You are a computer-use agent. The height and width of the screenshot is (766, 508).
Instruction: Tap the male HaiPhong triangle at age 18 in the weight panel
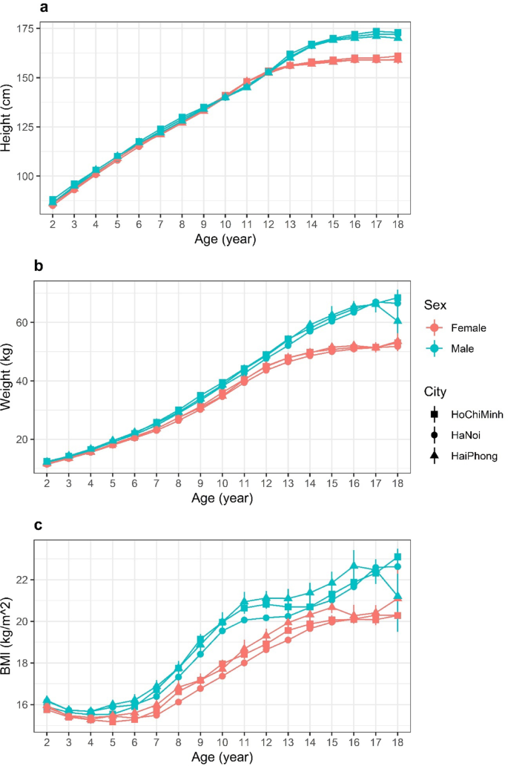(398, 321)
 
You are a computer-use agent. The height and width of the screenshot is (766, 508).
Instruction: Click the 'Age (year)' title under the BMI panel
(220, 758)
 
